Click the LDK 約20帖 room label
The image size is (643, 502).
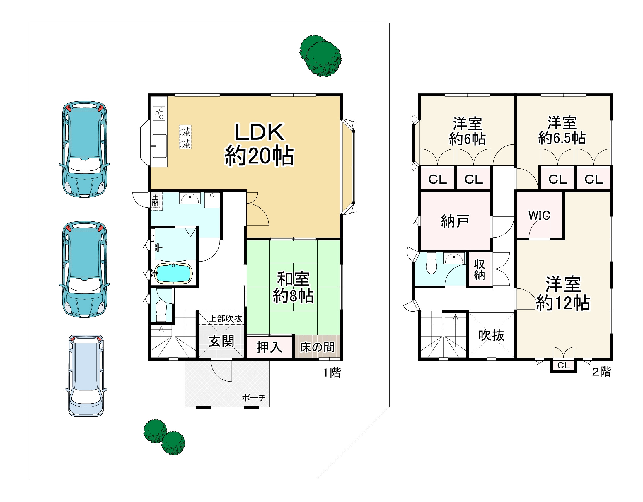pos(259,144)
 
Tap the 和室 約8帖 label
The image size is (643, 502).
pos(293,287)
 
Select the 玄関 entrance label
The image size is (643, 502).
pos(221,341)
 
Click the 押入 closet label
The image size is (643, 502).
pos(269,347)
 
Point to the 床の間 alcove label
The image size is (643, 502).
pos(317,347)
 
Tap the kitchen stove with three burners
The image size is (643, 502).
pos(159,113)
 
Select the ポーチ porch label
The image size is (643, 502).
pos(254,398)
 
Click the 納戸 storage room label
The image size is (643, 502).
pos(455,221)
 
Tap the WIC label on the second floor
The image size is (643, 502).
pos(539,215)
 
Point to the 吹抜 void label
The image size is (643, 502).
pos(491,335)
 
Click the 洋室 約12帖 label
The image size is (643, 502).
pos(563,293)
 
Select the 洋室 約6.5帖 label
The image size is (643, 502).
pos(562,130)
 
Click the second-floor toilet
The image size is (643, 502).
pos(431,263)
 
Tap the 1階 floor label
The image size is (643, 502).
pos(332,373)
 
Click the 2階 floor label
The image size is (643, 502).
pos(601,372)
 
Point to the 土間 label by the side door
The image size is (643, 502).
pos(155,200)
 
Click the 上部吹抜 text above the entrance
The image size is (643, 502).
pos(226,319)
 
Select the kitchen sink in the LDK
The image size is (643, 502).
pos(159,146)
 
